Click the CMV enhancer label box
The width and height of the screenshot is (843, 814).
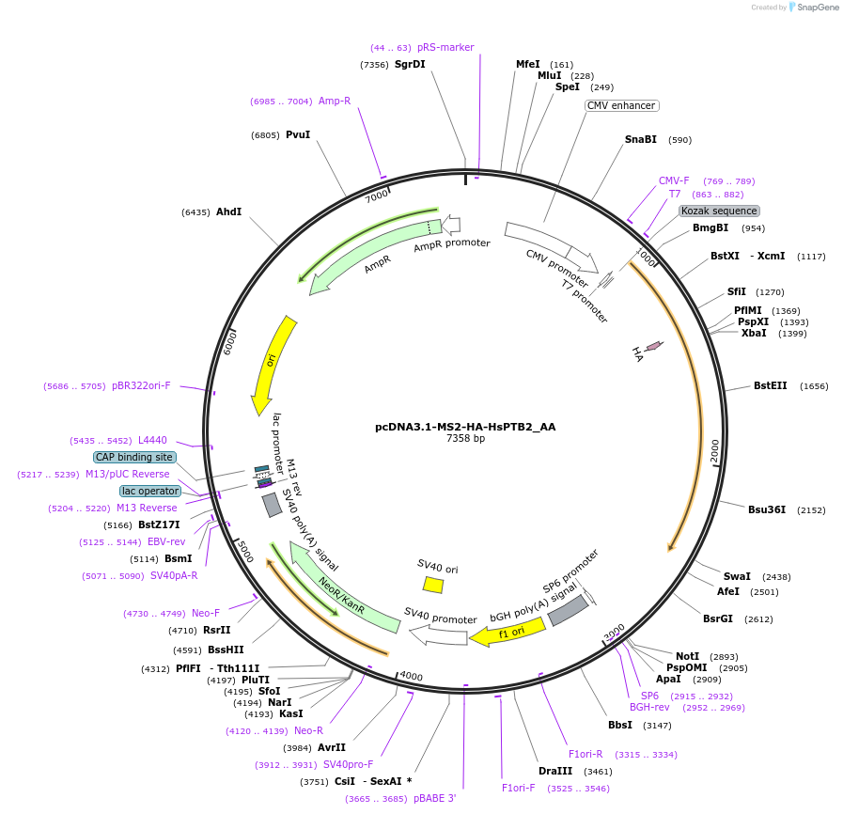click(x=621, y=105)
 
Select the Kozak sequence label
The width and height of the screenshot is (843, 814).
click(x=719, y=211)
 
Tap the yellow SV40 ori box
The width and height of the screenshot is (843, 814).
click(x=433, y=585)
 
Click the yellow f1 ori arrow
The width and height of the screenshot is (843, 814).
click(x=507, y=632)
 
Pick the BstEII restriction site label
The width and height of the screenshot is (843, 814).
click(x=771, y=385)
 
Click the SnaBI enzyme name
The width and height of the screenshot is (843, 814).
click(x=641, y=139)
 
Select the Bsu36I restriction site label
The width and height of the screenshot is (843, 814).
click(x=767, y=509)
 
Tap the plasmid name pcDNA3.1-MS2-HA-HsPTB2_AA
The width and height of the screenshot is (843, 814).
click(x=465, y=426)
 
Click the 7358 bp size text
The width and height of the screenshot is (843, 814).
click(x=465, y=438)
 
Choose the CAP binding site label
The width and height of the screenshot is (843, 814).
click(x=134, y=457)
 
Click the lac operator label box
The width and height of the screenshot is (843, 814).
click(x=149, y=491)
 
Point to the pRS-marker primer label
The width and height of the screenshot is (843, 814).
click(x=445, y=47)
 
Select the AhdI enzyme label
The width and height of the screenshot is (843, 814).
click(x=228, y=211)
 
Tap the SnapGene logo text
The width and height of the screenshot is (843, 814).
click(x=816, y=8)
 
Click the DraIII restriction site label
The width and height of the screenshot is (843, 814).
click(x=554, y=771)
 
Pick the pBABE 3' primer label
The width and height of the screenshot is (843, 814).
click(x=427, y=798)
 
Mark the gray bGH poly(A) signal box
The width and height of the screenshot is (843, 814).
click(x=568, y=611)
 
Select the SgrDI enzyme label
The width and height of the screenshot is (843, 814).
click(x=410, y=64)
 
